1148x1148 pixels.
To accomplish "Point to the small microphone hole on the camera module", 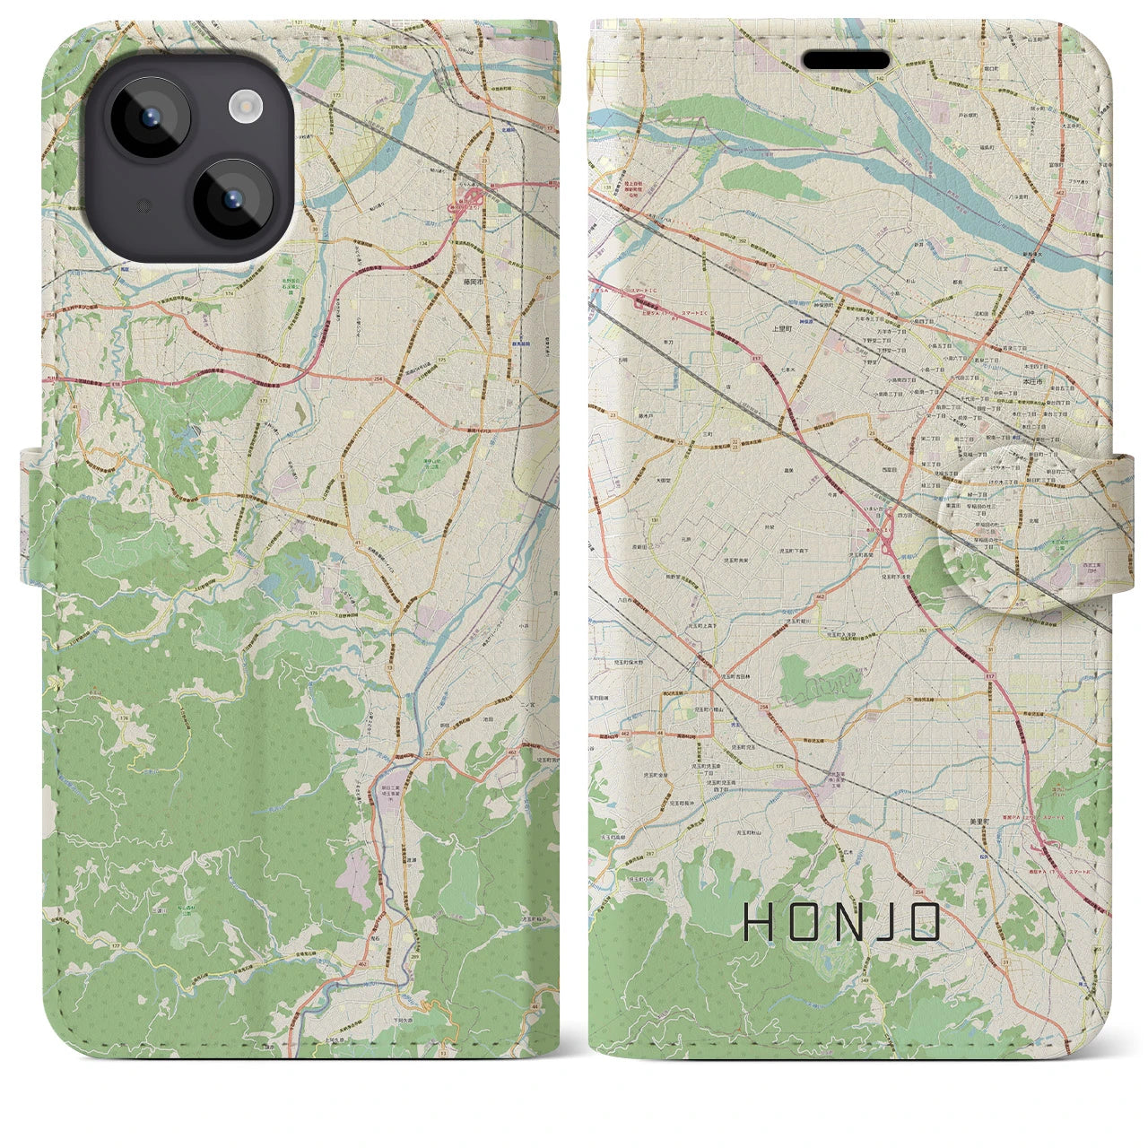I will (x=142, y=205).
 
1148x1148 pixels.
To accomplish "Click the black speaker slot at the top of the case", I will (x=845, y=60).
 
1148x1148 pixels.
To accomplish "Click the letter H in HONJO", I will (x=760, y=922).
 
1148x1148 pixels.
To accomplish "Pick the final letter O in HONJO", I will (x=923, y=922).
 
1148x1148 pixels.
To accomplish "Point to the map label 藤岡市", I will (x=474, y=280).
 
